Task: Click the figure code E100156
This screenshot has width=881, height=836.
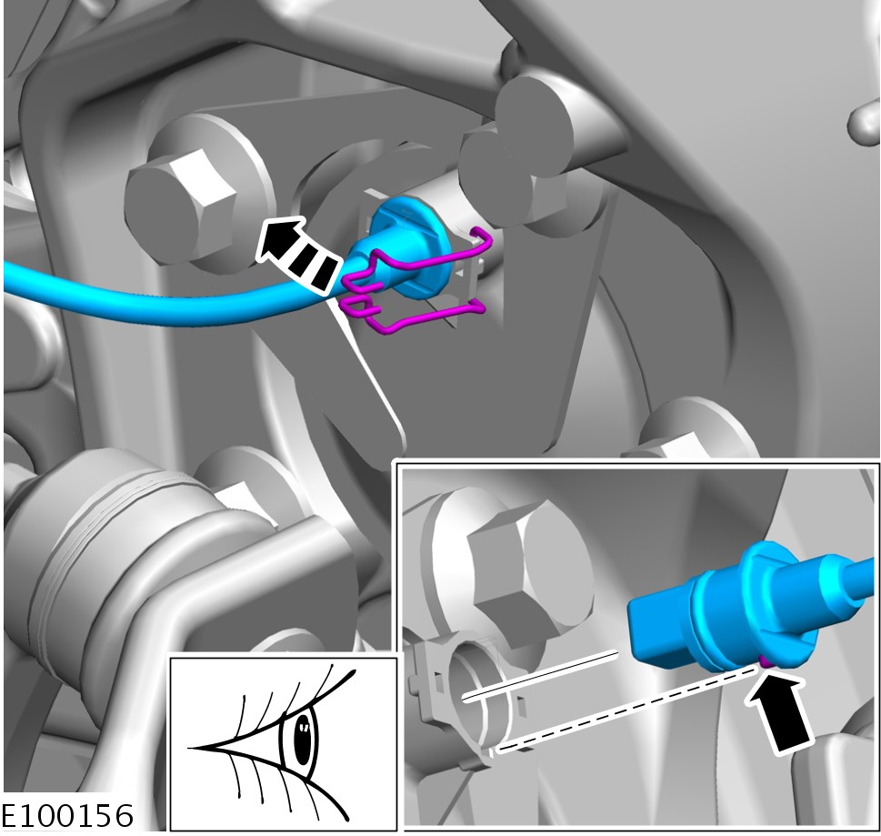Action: point(67,816)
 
